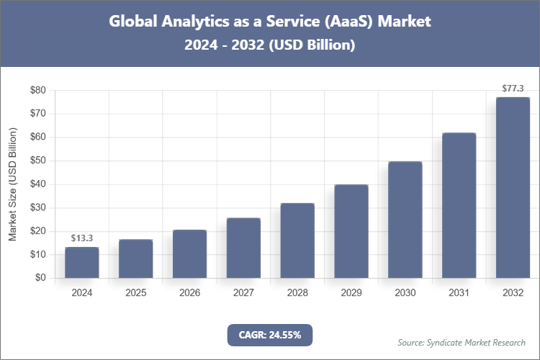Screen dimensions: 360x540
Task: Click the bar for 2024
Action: tap(81, 262)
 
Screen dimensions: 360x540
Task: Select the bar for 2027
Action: tap(243, 248)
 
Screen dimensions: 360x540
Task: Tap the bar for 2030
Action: tap(405, 220)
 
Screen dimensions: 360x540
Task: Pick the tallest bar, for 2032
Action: tap(513, 187)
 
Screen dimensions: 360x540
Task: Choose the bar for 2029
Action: tap(351, 231)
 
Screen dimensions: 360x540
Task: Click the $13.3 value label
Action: tap(81, 238)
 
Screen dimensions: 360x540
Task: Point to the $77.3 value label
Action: tap(513, 89)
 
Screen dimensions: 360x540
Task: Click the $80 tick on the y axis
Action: tap(37, 90)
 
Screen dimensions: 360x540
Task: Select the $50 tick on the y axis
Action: tap(37, 161)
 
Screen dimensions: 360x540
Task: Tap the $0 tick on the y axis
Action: tap(40, 278)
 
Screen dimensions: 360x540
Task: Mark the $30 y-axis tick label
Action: tap(37, 207)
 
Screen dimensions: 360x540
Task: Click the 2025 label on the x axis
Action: tap(135, 293)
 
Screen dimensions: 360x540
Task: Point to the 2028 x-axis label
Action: tap(297, 293)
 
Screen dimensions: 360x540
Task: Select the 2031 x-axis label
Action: tap(459, 293)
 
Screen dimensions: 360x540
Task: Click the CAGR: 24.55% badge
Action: tap(270, 335)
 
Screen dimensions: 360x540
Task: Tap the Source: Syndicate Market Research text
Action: tap(462, 342)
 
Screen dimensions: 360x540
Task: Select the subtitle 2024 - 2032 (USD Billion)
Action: tap(270, 45)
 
